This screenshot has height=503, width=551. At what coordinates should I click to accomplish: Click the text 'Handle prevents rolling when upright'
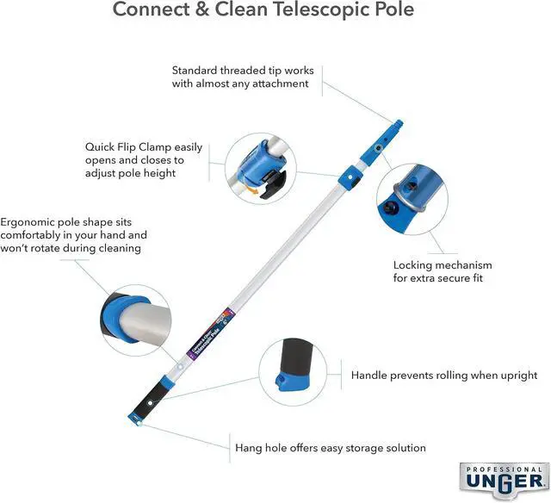pos(444,376)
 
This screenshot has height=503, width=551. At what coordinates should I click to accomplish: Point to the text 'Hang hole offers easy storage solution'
pos(331,448)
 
